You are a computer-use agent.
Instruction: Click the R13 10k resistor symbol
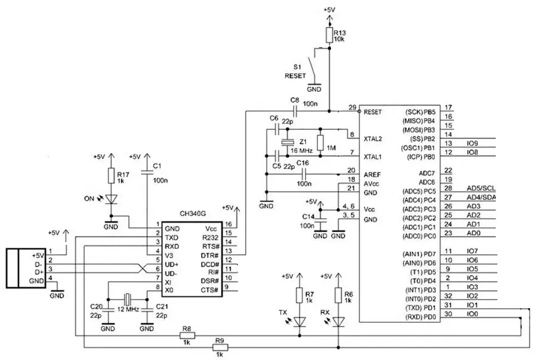click(329, 36)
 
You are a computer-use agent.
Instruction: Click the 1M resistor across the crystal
click(321, 142)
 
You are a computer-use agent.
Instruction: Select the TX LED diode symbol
click(299, 321)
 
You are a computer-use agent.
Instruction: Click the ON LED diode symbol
click(112, 199)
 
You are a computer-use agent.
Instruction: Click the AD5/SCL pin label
click(481, 188)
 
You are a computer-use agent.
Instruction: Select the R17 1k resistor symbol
click(112, 176)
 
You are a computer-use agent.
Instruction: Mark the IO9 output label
click(473, 143)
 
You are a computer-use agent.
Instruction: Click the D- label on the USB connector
click(38, 263)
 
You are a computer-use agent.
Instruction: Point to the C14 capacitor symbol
click(320, 220)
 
